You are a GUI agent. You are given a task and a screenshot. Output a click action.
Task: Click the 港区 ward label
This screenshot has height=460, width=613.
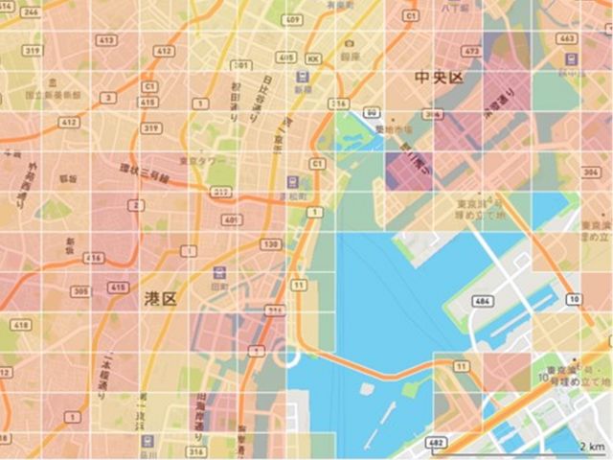tap(161, 299)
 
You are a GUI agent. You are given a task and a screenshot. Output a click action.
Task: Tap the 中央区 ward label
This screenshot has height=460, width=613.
tap(438, 77)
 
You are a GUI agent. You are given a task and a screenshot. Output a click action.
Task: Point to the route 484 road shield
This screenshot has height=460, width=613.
tap(483, 302)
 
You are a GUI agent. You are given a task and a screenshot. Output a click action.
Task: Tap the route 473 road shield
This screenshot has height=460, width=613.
tap(469, 50)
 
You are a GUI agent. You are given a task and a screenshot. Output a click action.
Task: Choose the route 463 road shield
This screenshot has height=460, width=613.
tap(567, 39)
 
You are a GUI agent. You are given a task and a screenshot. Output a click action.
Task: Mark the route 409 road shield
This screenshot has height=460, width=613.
tap(293, 20)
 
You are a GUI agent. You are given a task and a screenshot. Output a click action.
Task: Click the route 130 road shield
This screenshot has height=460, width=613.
tap(269, 244)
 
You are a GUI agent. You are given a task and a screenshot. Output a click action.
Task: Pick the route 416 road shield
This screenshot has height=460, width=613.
tap(93, 258)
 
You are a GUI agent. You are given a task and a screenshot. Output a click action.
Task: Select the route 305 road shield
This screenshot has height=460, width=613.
tap(81, 291)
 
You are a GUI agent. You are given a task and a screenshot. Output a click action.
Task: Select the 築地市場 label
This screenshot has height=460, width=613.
tap(396, 127)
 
